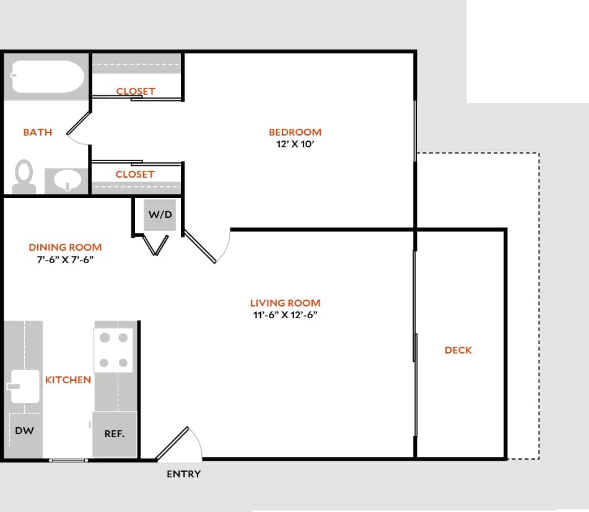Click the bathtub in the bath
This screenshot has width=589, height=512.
[x=46, y=77]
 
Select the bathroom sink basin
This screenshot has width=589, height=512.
[x=68, y=181]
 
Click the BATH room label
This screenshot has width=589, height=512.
[x=37, y=132]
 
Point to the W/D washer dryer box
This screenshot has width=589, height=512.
[x=160, y=215]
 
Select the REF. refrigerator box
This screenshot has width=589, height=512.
[x=115, y=434]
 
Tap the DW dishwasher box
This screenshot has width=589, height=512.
[x=24, y=431]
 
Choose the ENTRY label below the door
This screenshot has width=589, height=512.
[x=184, y=474]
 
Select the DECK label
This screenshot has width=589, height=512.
[x=458, y=350]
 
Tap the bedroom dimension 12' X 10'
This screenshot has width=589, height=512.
[x=295, y=144]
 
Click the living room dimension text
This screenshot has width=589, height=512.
[x=285, y=315]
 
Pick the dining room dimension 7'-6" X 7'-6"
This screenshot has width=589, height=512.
[x=65, y=259]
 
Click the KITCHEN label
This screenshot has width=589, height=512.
[x=68, y=380]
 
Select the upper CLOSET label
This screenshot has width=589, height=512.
[x=136, y=91]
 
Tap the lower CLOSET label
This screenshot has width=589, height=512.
[x=134, y=174]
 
